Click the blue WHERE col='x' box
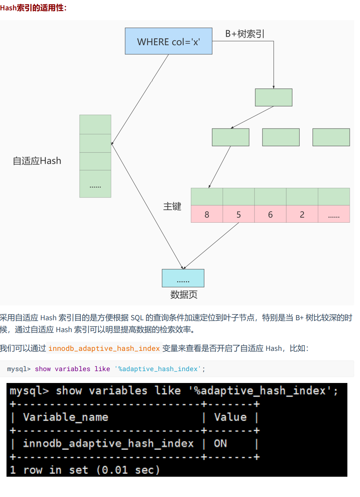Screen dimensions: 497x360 [168, 41]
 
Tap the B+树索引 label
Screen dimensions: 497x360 [244, 34]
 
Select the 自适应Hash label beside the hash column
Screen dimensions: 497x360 [37, 161]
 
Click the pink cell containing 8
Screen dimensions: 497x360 [207, 214]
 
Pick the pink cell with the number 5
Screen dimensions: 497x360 [239, 214]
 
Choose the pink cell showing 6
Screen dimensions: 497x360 [270, 214]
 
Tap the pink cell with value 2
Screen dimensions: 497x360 [302, 214]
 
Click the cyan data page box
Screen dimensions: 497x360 [183, 278]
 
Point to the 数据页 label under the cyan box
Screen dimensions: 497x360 [184, 295]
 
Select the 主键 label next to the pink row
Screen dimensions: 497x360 [172, 207]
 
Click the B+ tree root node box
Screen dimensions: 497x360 [274, 98]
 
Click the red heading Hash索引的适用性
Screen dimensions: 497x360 [33, 8]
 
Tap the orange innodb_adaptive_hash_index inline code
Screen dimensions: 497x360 [104, 349]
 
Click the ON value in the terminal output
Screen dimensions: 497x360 [220, 443]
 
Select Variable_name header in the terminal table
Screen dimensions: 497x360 [65, 417]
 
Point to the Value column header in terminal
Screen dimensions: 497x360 [230, 417]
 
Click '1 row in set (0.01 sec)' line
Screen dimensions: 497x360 [85, 470]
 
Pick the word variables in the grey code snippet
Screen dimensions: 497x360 [73, 369]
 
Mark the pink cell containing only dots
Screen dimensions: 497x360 [334, 214]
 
